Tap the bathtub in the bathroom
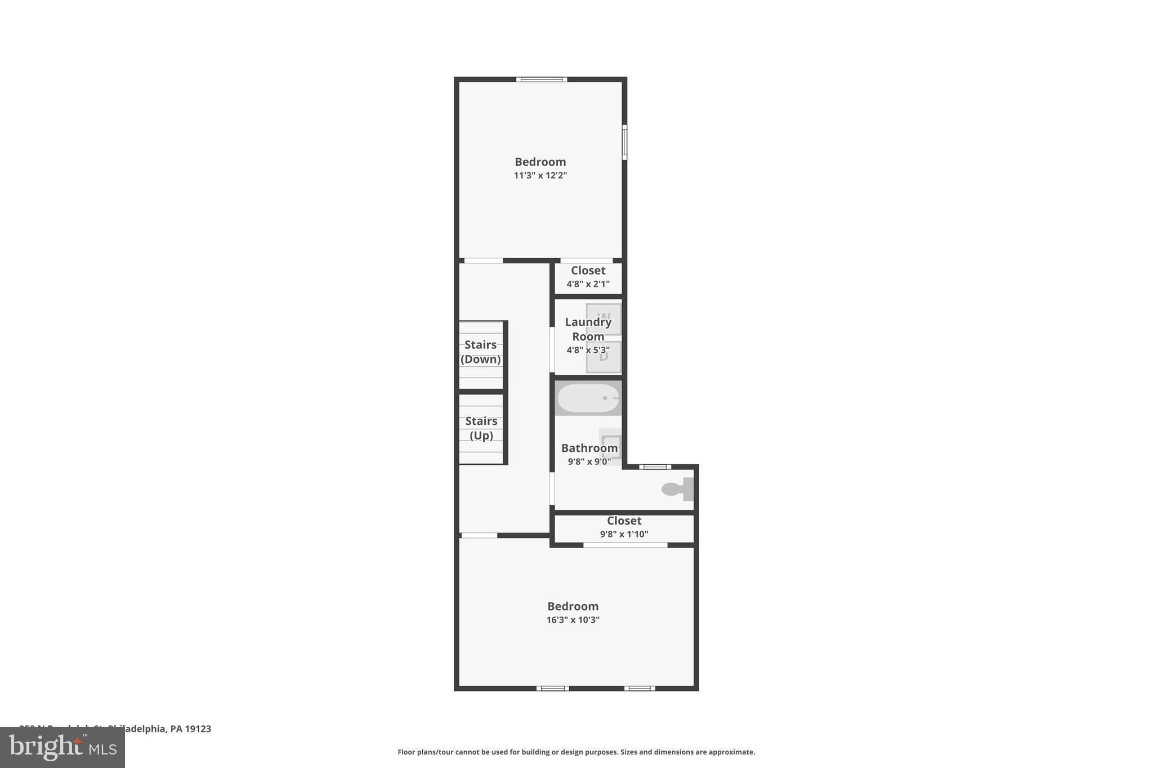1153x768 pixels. point(588,398)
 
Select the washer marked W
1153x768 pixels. point(604,318)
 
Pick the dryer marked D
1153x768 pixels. point(604,357)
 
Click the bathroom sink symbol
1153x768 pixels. point(611,444)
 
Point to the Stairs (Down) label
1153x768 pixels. point(481,352)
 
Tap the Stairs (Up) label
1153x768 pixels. point(481,428)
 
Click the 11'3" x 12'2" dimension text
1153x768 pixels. point(540,176)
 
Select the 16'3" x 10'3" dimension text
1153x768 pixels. point(573,620)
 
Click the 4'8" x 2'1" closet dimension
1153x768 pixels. point(588,284)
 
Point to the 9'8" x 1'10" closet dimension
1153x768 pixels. point(624,534)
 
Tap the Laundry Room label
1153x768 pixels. point(588,329)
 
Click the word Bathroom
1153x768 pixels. point(589,448)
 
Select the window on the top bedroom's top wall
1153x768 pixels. point(542,79)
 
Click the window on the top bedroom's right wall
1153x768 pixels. point(624,142)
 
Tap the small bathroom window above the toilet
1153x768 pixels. point(655,466)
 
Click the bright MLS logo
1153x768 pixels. point(62,747)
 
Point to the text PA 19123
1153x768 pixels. point(191,729)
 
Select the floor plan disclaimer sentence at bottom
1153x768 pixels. point(576,752)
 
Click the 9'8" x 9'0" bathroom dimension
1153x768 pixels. point(589,462)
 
